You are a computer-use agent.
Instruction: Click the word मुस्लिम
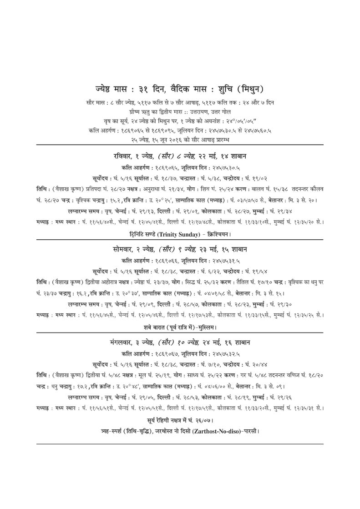207,327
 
